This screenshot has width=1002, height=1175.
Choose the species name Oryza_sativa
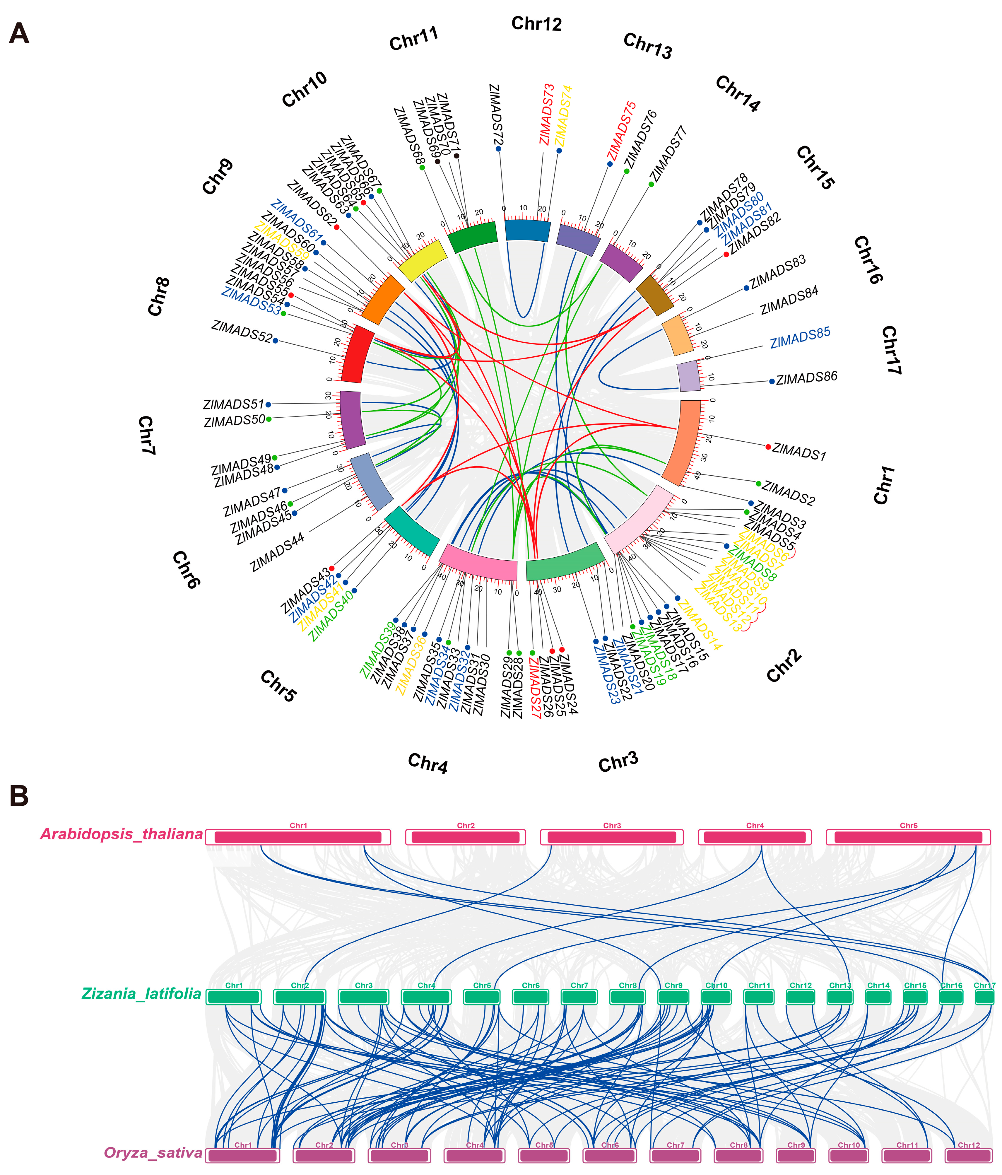153,1152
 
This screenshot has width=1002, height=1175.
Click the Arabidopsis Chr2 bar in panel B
466,837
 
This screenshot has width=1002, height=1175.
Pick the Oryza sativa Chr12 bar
969,1155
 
